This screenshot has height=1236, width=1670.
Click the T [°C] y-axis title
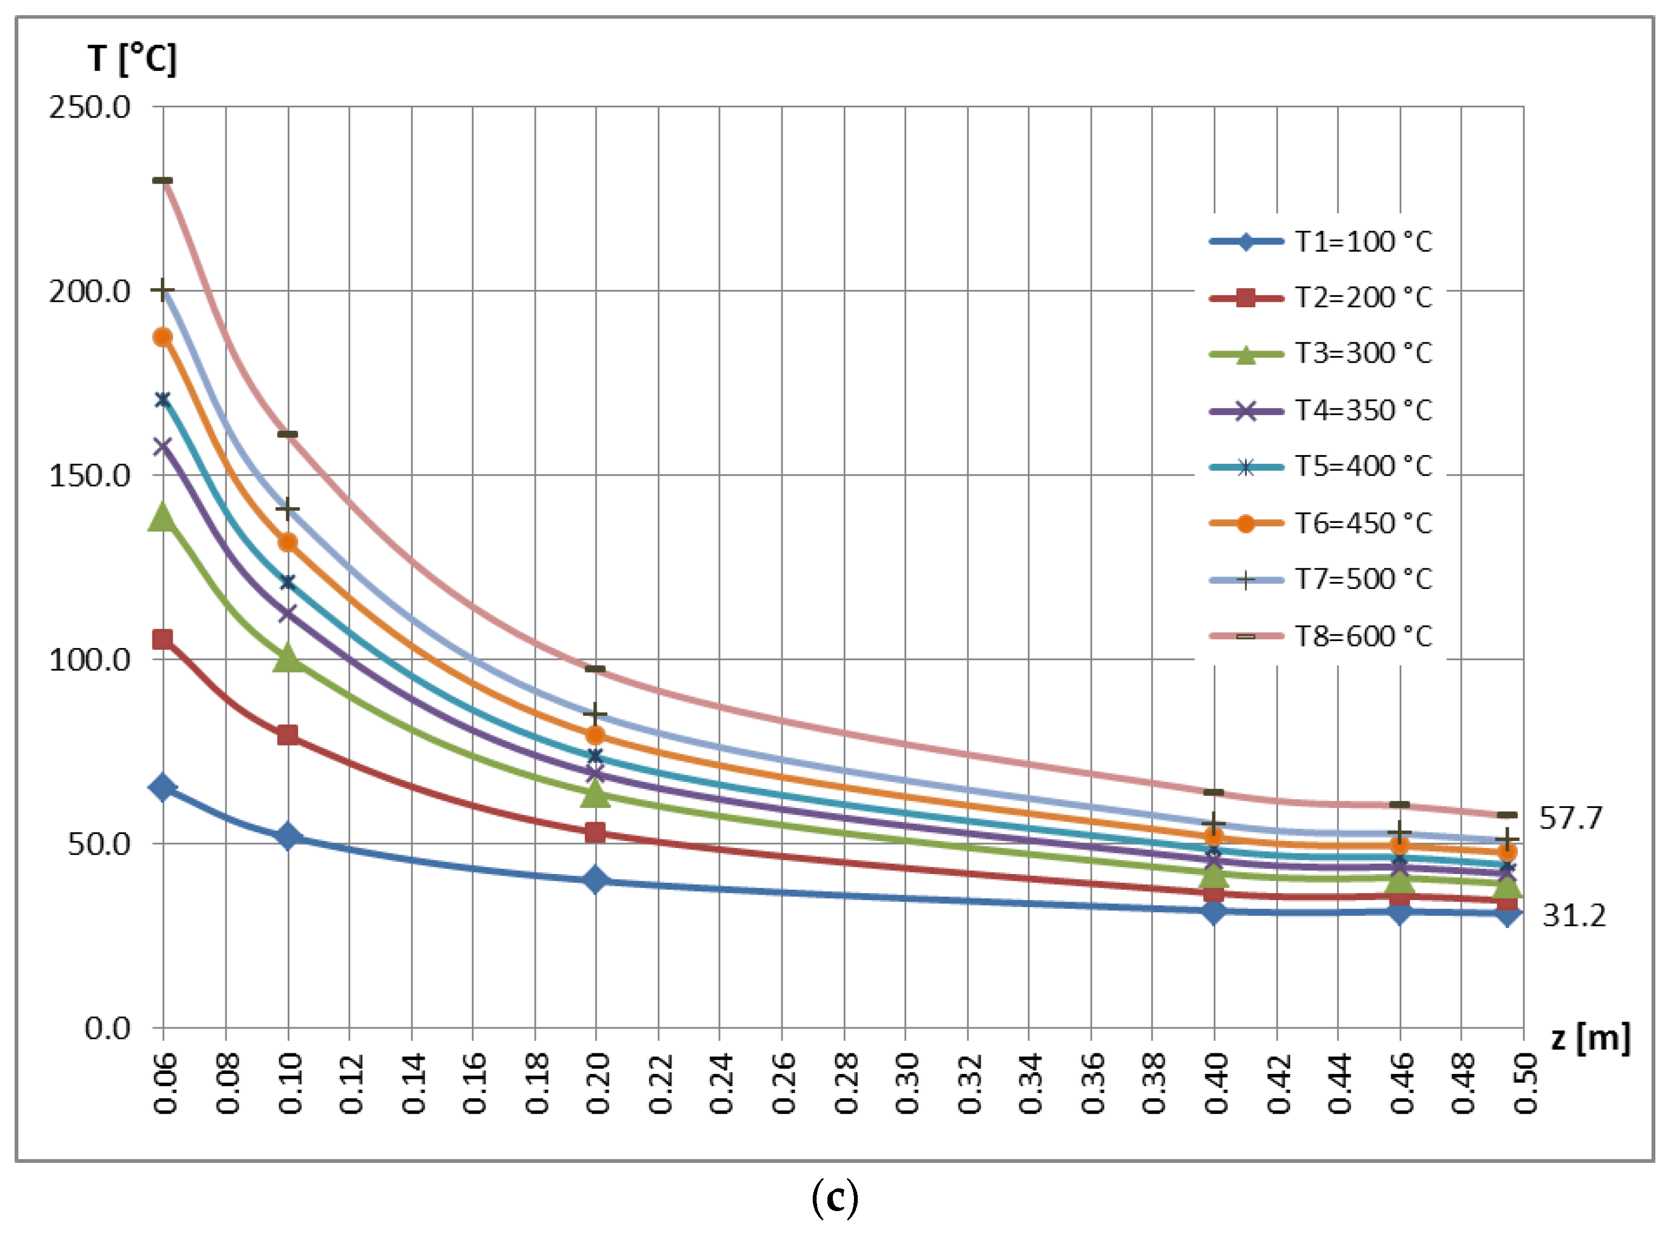coord(132,59)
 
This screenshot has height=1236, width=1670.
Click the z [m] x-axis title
coord(1590,1038)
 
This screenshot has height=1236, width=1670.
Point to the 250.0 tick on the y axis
coord(90,107)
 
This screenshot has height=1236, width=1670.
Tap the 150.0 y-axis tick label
coord(90,476)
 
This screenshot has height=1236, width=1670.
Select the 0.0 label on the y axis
coord(107,1028)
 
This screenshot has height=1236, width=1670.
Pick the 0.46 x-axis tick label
coord(1401,1083)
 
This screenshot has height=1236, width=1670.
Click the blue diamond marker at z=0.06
coord(163,787)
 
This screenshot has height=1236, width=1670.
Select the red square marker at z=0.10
coord(287,735)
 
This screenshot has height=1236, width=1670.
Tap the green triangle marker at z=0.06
coord(163,517)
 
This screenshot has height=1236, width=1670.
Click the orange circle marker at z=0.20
coord(595,735)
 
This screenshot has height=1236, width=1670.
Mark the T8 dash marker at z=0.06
coord(163,181)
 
